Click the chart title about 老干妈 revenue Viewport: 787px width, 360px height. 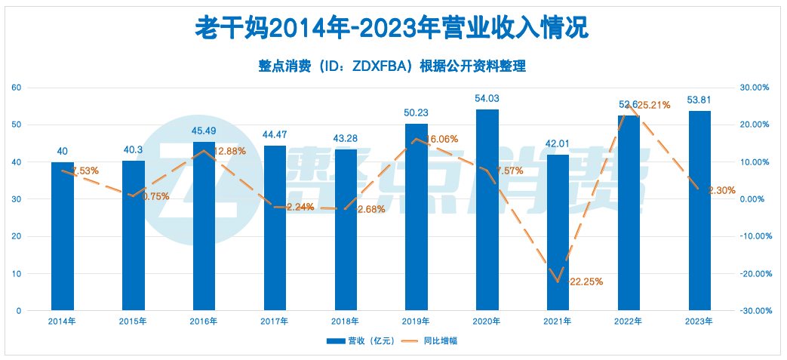[x=392, y=29]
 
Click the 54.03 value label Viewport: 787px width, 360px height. [x=487, y=98]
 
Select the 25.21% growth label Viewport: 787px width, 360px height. [x=653, y=106]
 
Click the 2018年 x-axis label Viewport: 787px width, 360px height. [x=346, y=322]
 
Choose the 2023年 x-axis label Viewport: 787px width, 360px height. [x=699, y=322]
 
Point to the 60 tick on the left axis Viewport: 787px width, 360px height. [x=16, y=88]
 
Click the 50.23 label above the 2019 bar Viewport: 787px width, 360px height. [x=417, y=112]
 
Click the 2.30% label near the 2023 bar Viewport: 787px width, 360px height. [x=722, y=191]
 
